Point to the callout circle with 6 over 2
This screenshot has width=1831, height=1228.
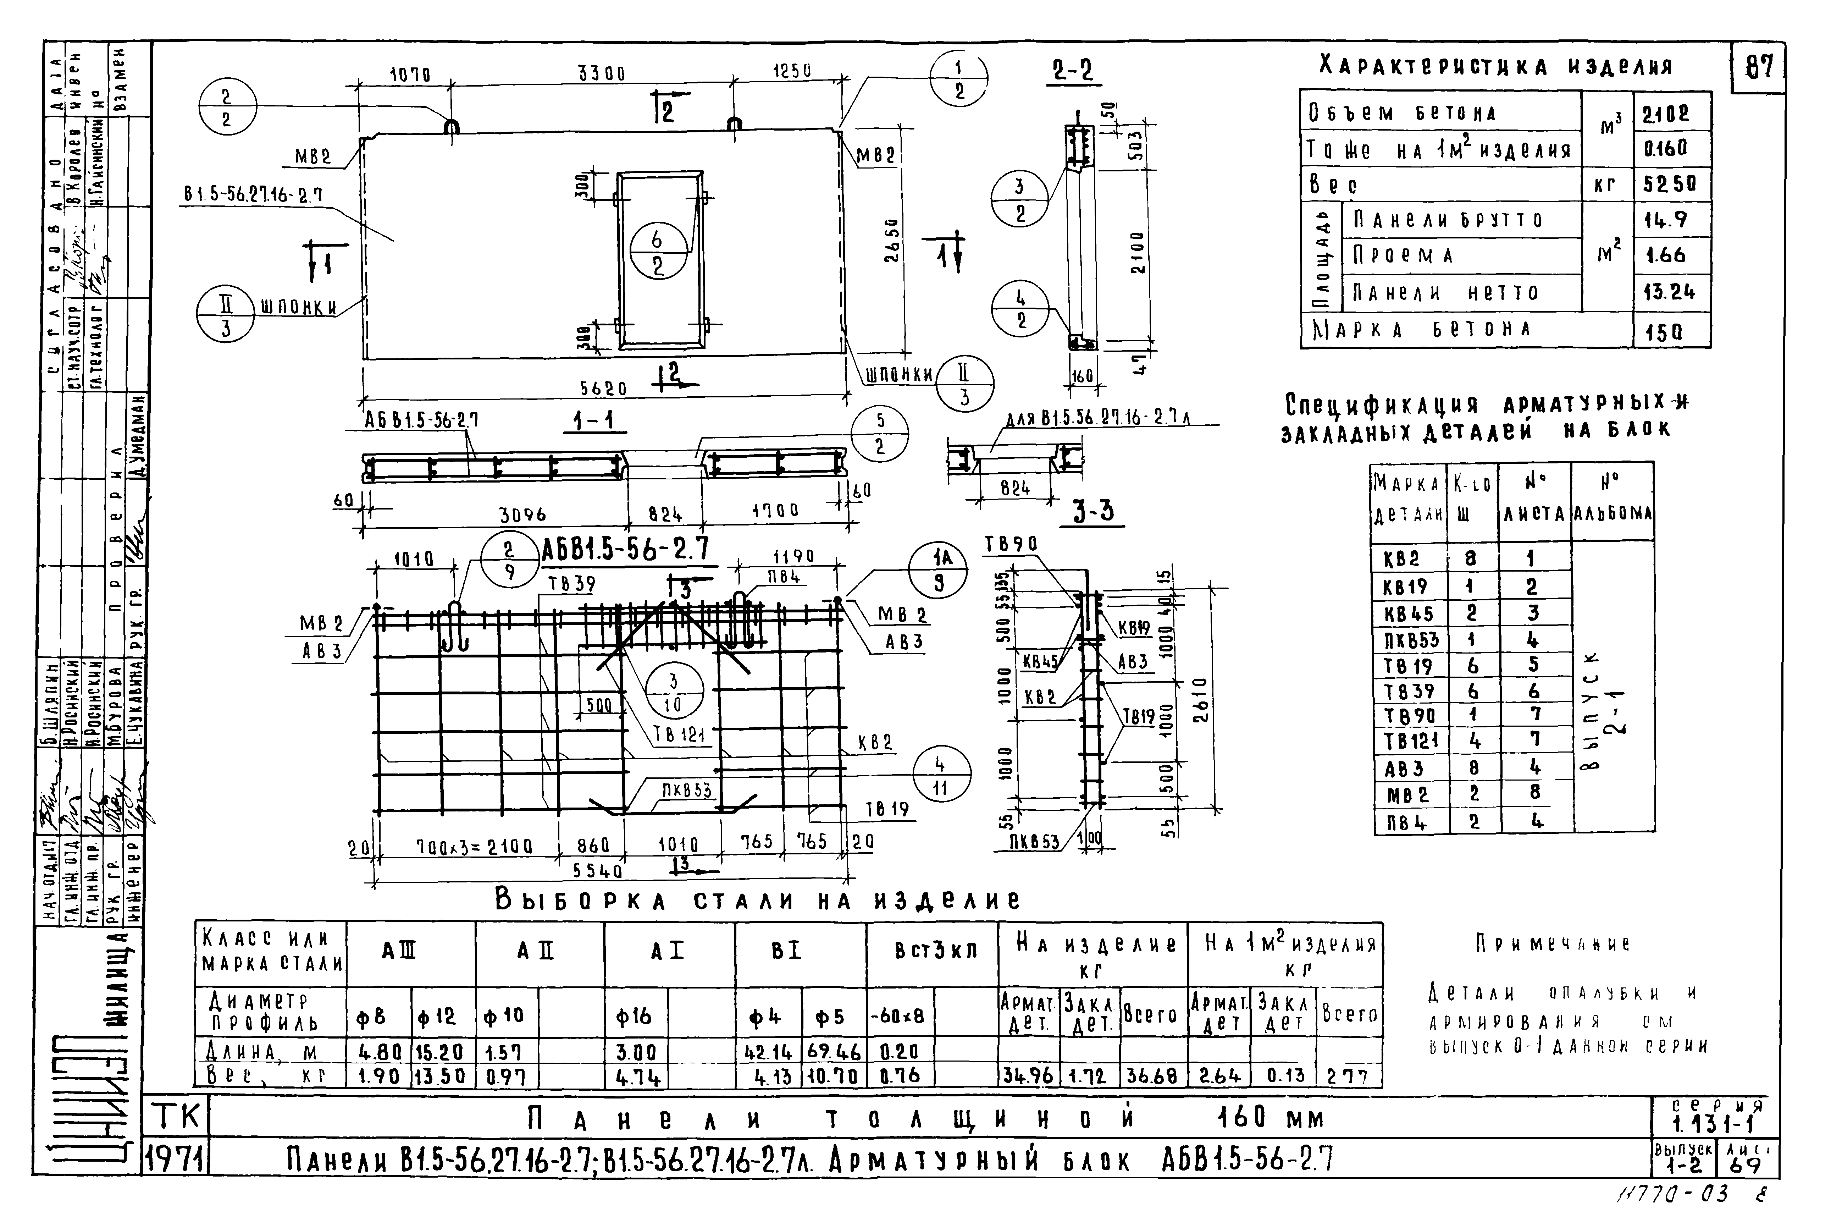point(658,252)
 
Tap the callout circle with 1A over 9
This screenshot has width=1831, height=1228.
point(937,570)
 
